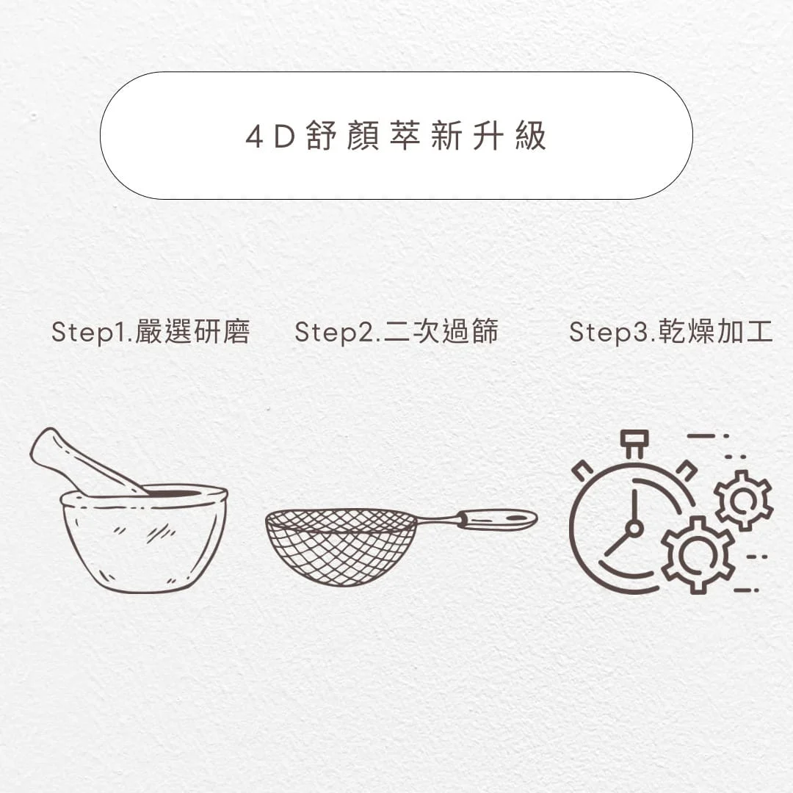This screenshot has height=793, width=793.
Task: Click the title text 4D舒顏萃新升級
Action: (396, 136)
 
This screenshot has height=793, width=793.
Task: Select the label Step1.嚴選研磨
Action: (151, 333)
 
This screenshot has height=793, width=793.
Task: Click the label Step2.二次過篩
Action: (396, 333)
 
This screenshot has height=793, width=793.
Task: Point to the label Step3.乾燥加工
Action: (671, 333)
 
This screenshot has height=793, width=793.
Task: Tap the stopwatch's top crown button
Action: (634, 443)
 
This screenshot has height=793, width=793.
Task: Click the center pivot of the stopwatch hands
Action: (634, 529)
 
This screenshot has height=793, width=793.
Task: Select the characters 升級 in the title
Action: (510, 136)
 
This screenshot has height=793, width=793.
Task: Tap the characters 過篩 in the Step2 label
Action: (470, 332)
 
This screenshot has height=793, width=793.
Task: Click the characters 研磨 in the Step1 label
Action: (222, 332)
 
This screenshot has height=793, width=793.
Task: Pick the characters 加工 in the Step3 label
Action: (745, 332)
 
